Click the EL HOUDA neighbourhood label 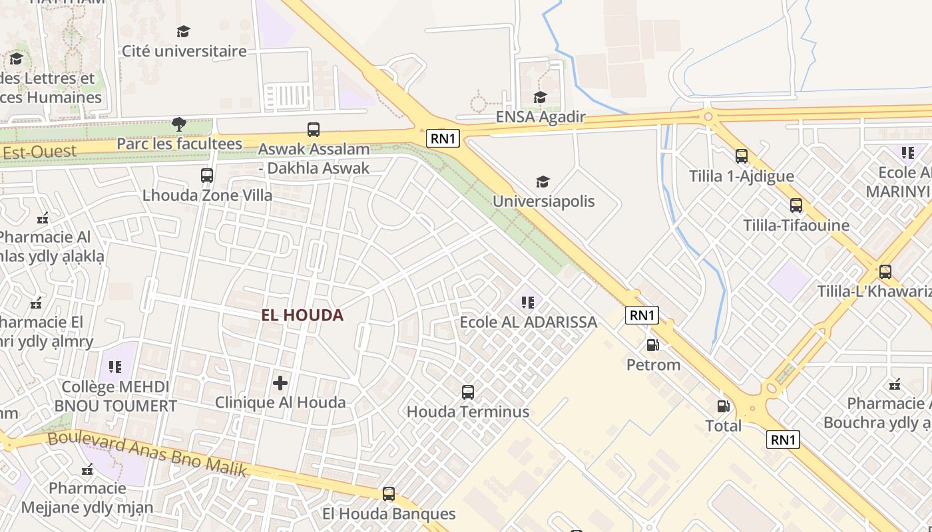click(302, 315)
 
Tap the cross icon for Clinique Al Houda click(280, 383)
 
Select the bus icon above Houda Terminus click(468, 392)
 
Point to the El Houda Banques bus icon click(389, 494)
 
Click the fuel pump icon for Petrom click(653, 345)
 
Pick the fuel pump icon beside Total click(723, 406)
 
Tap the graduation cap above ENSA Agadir click(540, 98)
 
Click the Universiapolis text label click(543, 201)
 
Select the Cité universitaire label click(184, 51)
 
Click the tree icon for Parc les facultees click(178, 124)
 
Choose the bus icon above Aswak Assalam click(314, 130)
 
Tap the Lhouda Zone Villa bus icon click(207, 176)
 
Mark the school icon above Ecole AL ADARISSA click(528, 303)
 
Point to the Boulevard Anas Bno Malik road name click(147, 454)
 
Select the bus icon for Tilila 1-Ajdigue click(742, 156)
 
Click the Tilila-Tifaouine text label click(796, 225)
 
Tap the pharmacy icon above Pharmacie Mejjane click(87, 469)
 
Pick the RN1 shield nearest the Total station click(782, 440)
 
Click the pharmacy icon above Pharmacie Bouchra click(895, 384)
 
